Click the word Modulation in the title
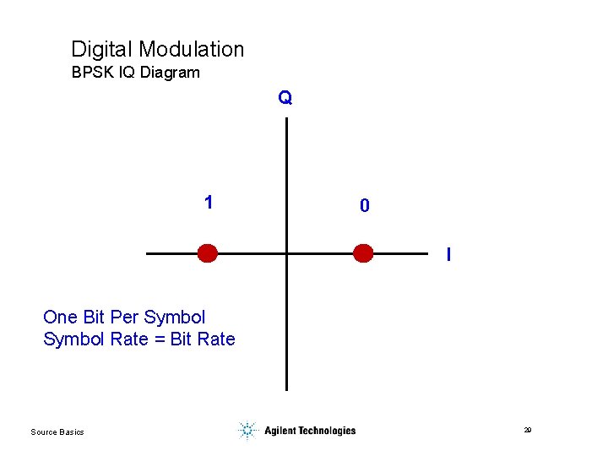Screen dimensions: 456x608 pos(192,50)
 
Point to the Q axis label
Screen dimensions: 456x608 pos(285,98)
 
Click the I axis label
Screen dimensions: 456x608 pos(448,253)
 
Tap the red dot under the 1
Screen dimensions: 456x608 pos(207,253)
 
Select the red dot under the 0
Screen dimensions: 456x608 pos(363,253)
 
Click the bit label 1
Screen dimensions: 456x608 pos(209,203)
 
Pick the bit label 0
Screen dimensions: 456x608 pos(364,205)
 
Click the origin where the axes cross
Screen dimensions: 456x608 pos(287,253)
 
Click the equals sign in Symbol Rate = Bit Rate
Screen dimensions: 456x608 pos(157,339)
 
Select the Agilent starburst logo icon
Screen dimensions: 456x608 pos(247,431)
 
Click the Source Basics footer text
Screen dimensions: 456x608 pos(57,432)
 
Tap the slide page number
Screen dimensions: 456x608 pos(527,431)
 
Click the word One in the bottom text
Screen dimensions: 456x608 pos(60,318)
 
